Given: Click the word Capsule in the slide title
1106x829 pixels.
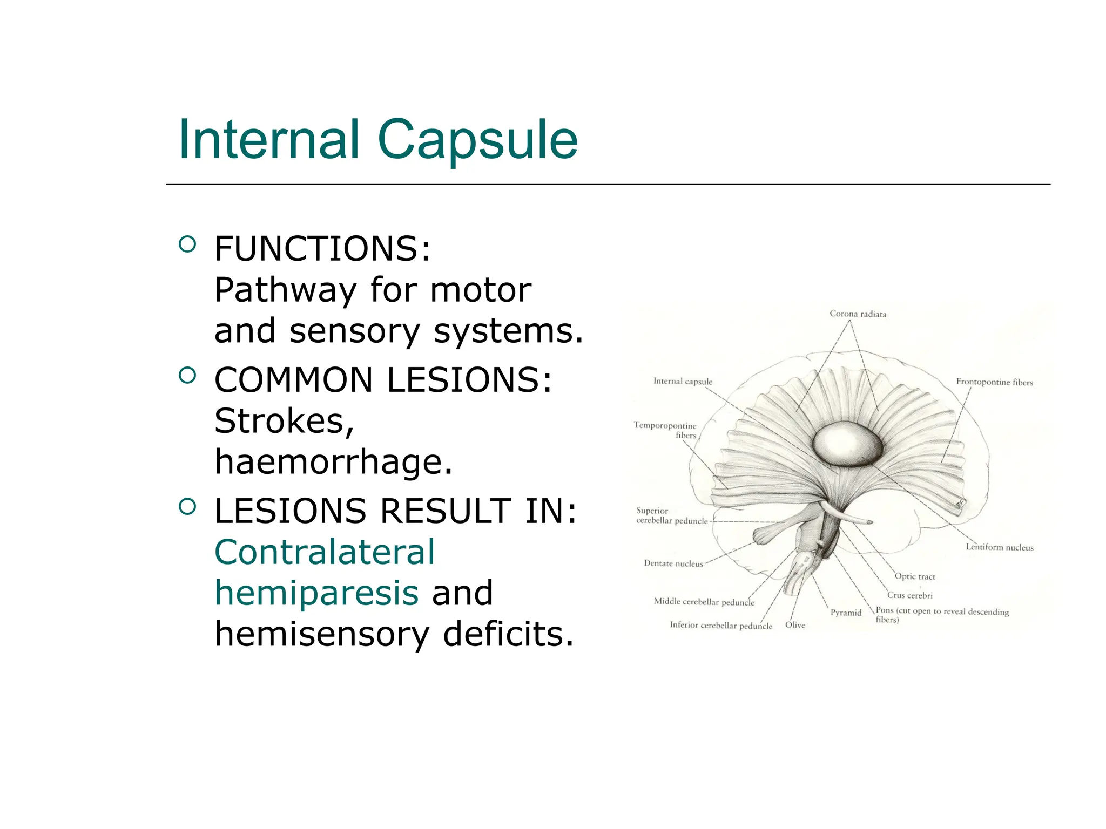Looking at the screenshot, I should point(477,140).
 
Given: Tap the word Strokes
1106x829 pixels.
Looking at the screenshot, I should point(284,421).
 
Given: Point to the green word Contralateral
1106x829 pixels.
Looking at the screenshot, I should point(325,552).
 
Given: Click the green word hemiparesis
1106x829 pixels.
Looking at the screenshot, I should point(316,593).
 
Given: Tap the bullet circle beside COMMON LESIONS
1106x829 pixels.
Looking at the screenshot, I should point(187,376).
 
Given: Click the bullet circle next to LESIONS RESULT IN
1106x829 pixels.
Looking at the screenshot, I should point(187,507).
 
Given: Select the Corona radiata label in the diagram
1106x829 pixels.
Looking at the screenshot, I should point(858,314).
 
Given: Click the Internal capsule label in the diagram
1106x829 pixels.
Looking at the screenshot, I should point(683,382).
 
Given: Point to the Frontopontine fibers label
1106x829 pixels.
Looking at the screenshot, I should point(994,382).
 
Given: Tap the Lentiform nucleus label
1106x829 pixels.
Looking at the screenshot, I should point(999,547).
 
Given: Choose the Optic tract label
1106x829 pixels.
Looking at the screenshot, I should point(915,576).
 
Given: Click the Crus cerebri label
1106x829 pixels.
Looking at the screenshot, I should point(910,595).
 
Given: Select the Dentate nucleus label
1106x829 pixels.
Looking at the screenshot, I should point(673,563).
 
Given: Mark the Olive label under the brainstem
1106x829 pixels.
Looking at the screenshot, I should point(795,625).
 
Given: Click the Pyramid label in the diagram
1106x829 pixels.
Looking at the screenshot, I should point(846,613).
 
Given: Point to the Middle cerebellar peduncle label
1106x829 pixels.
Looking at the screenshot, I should point(704,602).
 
